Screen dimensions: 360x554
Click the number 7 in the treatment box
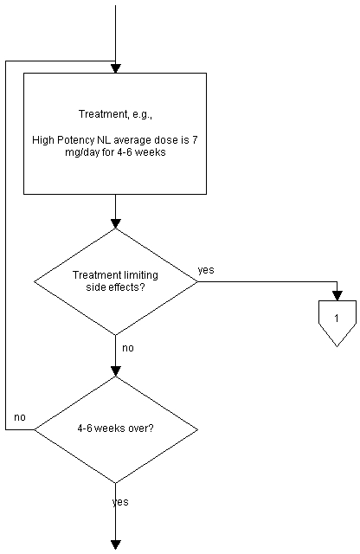pos(195,140)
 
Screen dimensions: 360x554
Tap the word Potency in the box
pos(75,140)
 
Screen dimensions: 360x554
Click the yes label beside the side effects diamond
pos(206,270)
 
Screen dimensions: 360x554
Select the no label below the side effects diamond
pos(128,348)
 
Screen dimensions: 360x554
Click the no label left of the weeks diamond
pos(20,417)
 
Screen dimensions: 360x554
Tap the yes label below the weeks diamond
pos(120,502)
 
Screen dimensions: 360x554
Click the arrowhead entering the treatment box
pos(115,68)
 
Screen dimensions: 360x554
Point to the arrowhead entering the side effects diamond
pos(115,224)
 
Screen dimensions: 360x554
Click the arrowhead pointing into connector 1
pos(337,296)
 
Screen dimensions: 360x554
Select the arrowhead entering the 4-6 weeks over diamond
pos(115,371)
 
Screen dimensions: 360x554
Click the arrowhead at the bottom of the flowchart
pos(115,545)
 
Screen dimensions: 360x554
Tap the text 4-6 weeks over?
pos(115,428)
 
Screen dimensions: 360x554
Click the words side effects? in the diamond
pos(115,287)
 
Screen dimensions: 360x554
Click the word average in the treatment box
pos(132,140)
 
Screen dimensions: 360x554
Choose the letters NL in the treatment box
pos(104,140)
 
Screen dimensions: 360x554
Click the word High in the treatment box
pos(43,140)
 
